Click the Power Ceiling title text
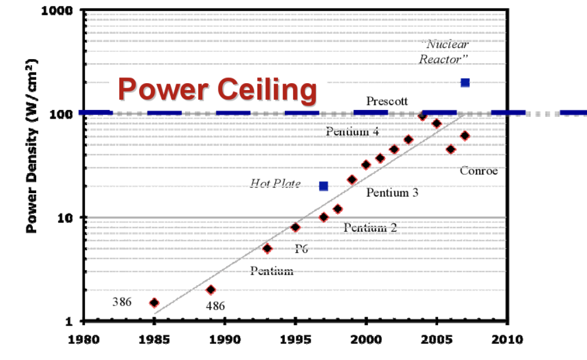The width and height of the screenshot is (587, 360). pyautogui.click(x=217, y=89)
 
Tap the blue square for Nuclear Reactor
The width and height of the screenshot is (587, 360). pyautogui.click(x=465, y=83)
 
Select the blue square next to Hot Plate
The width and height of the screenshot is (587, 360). pyautogui.click(x=323, y=186)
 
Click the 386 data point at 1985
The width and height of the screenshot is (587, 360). pyautogui.click(x=154, y=303)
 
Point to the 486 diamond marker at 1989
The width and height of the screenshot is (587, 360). pyautogui.click(x=210, y=289)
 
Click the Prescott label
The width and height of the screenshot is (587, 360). pyautogui.click(x=387, y=101)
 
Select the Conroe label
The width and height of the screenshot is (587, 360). pyautogui.click(x=479, y=171)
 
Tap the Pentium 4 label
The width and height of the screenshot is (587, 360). pyautogui.click(x=353, y=132)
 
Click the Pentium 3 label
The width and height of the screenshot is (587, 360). pyautogui.click(x=392, y=193)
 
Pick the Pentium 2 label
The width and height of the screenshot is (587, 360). pyautogui.click(x=370, y=228)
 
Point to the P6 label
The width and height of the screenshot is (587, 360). pyautogui.click(x=302, y=248)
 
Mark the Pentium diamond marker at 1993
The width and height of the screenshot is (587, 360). pyautogui.click(x=267, y=248)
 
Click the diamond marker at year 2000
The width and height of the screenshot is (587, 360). pyautogui.click(x=366, y=165)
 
